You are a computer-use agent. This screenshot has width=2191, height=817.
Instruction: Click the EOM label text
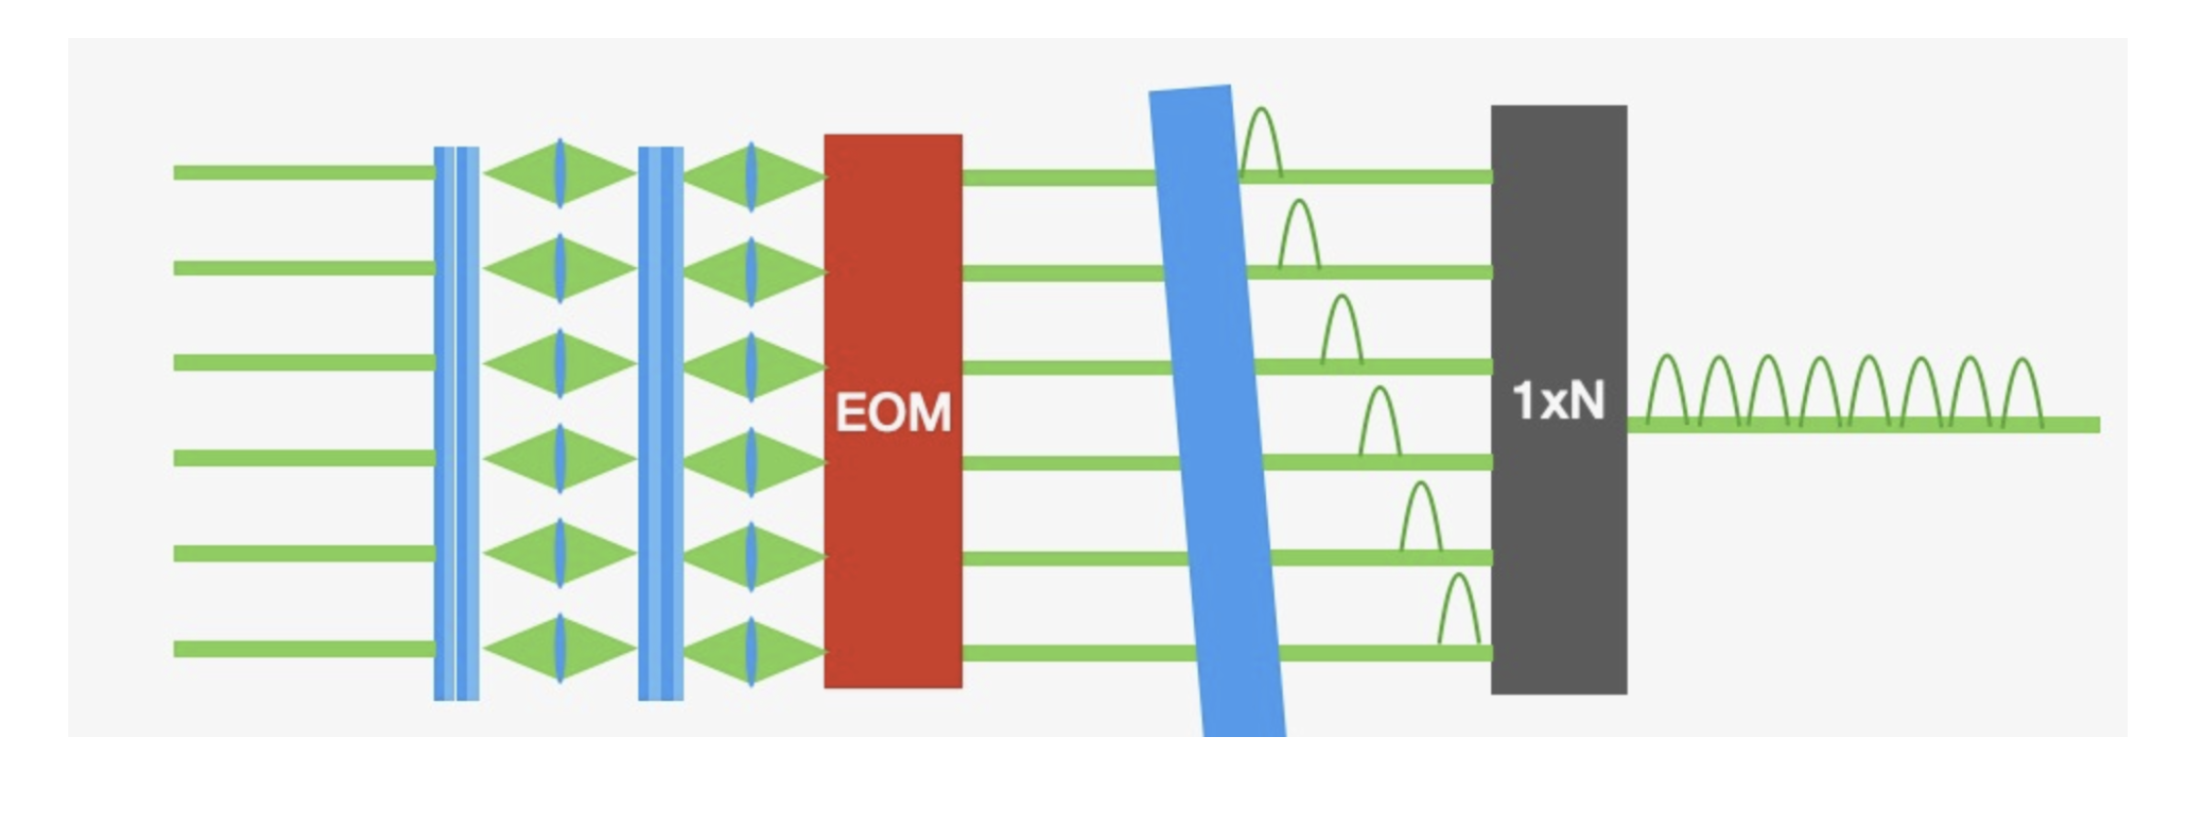(x=893, y=412)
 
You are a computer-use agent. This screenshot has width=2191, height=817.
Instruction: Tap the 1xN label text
(x=1557, y=401)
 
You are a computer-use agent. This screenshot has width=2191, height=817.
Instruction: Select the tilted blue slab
(x=1216, y=409)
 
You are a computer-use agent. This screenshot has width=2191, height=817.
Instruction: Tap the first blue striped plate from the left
(x=456, y=423)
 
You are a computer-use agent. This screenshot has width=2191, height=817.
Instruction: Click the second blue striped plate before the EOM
(x=661, y=423)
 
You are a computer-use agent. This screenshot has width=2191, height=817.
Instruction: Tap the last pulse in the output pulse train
(x=2021, y=392)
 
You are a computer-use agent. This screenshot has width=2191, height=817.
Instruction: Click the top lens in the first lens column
(x=560, y=174)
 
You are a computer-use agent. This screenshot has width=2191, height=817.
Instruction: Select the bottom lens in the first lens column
(x=560, y=649)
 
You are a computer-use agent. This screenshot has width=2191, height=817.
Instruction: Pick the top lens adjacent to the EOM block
(x=751, y=175)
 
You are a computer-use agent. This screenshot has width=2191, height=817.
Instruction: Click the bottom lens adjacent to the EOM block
(x=751, y=651)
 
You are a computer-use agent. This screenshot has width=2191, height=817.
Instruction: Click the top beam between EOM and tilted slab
(x=1057, y=177)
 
